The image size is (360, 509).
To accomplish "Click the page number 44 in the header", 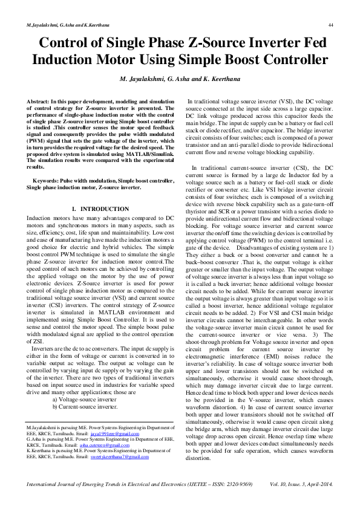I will coord(331,25).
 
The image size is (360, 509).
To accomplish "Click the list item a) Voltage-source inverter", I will coord(87,400).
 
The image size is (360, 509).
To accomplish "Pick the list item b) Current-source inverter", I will coord(86,407).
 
